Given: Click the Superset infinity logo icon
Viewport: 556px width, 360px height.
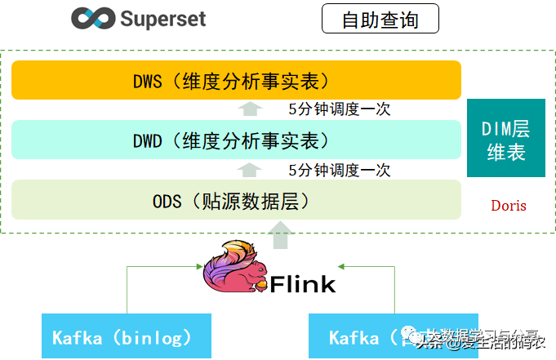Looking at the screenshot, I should (91, 18).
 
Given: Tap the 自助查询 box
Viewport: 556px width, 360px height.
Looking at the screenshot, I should (380, 19).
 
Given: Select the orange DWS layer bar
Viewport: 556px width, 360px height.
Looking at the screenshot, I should (236, 81).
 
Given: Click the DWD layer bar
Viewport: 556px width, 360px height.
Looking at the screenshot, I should (236, 140).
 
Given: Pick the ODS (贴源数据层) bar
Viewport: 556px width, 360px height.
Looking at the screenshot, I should (236, 200).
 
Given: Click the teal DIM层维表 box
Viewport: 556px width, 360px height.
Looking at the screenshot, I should (505, 138).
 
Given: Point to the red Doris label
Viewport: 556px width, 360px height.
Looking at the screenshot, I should (509, 205).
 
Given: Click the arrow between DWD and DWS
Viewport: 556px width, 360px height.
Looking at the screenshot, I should (251, 109).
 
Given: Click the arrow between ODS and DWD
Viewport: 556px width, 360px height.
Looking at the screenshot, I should (251, 170).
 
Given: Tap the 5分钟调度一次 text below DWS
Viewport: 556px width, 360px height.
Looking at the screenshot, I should (340, 109).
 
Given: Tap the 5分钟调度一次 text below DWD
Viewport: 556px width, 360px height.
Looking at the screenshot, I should (340, 171).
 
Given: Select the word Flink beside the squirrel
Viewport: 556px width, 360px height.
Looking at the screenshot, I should (303, 283).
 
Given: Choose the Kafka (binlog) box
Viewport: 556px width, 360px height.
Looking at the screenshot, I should (127, 336).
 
